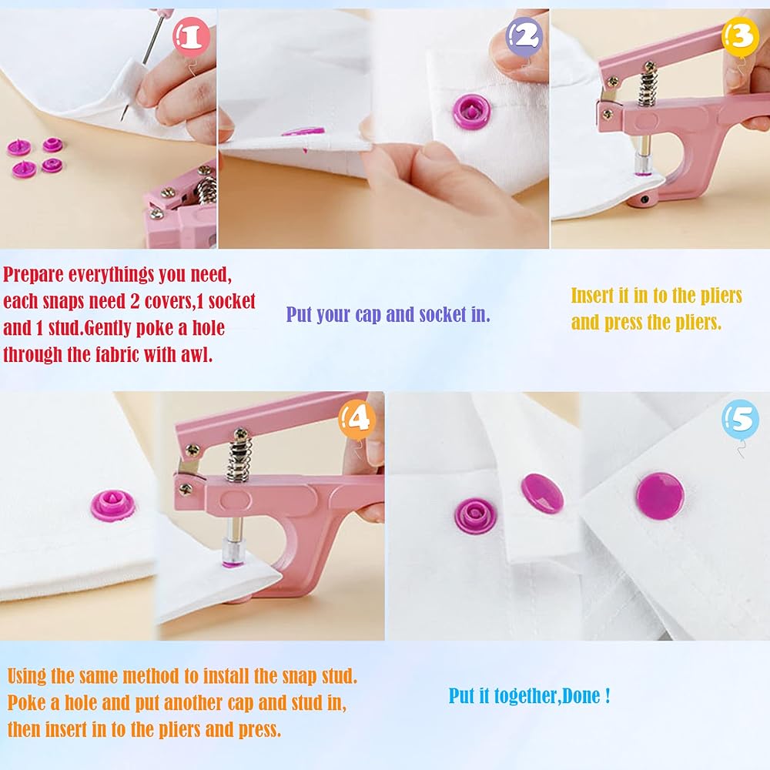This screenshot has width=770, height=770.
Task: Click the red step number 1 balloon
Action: click(192, 37)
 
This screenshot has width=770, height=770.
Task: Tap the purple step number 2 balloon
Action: click(524, 37)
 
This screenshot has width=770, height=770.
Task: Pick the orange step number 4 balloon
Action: click(357, 420)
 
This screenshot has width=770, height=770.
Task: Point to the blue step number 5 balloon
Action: click(740, 420)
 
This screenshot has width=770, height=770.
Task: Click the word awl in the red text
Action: click(196, 354)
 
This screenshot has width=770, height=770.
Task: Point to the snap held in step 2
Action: click(471, 112)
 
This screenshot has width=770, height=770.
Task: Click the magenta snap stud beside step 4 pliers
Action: click(112, 505)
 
